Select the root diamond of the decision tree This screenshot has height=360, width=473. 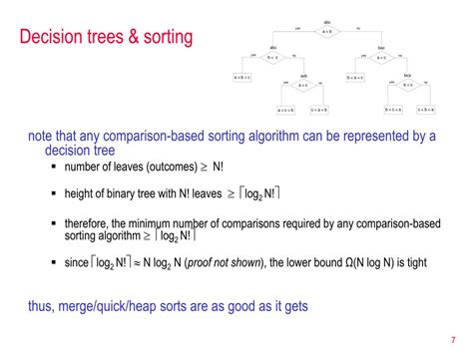click(327, 31)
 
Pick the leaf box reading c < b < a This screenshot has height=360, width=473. click(427, 110)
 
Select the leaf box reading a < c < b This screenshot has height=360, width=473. click(285, 110)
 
